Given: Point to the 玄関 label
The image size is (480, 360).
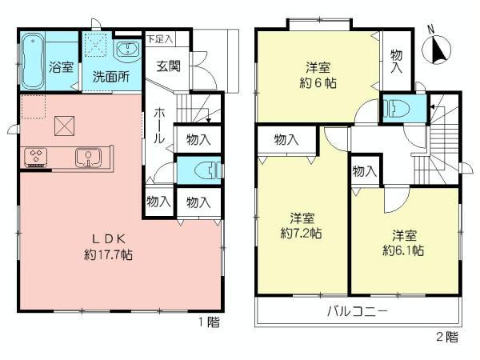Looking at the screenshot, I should tap(168, 66).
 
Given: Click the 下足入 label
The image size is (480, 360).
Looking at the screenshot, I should tap(159, 38).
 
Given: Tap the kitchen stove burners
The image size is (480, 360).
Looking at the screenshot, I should tap(37, 157).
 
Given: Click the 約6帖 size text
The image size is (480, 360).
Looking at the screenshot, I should tap(318, 80).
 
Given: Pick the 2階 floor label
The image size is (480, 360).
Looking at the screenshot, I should tap(449, 337).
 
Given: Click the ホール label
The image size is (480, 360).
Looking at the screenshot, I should tap(160, 126).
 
